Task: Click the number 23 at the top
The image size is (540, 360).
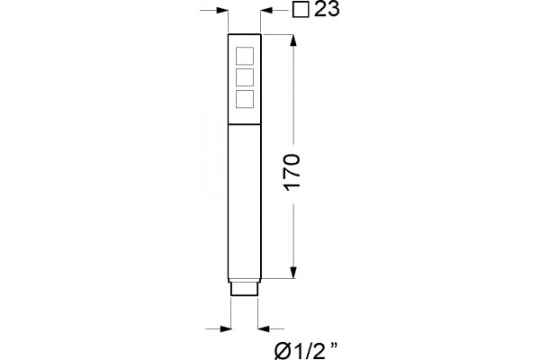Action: (x=327, y=9)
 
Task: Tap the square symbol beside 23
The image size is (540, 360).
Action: (x=301, y=9)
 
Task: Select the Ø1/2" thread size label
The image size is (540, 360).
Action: (x=306, y=351)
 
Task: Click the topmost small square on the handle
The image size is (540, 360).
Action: (x=245, y=56)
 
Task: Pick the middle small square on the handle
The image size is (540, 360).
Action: (x=245, y=77)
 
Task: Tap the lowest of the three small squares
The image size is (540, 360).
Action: (x=245, y=98)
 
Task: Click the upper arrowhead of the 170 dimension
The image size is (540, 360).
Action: (x=293, y=40)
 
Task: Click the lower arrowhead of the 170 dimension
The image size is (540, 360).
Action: (x=293, y=272)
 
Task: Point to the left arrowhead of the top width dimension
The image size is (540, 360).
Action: (x=222, y=11)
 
